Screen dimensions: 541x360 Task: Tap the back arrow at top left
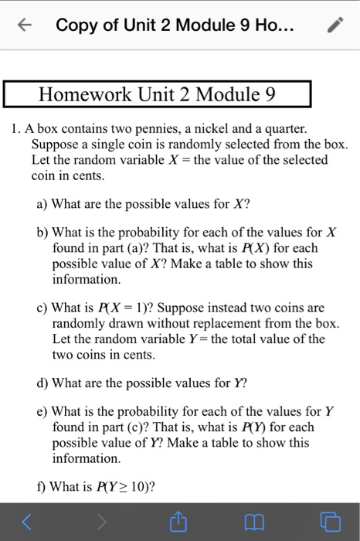(x=26, y=26)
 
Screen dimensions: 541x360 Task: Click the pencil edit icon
(x=333, y=26)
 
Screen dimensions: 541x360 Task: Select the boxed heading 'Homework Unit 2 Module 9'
(x=158, y=96)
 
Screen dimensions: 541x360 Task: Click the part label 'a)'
(x=42, y=206)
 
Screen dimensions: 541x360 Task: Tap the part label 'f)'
(x=42, y=487)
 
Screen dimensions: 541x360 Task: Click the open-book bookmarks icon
(x=253, y=522)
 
